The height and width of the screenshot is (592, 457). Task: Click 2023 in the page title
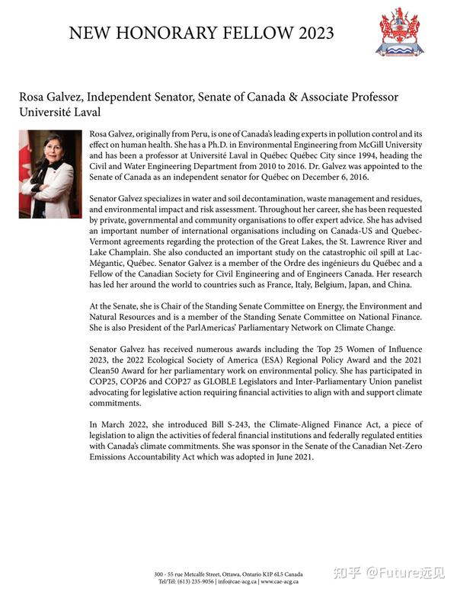click(309, 33)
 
